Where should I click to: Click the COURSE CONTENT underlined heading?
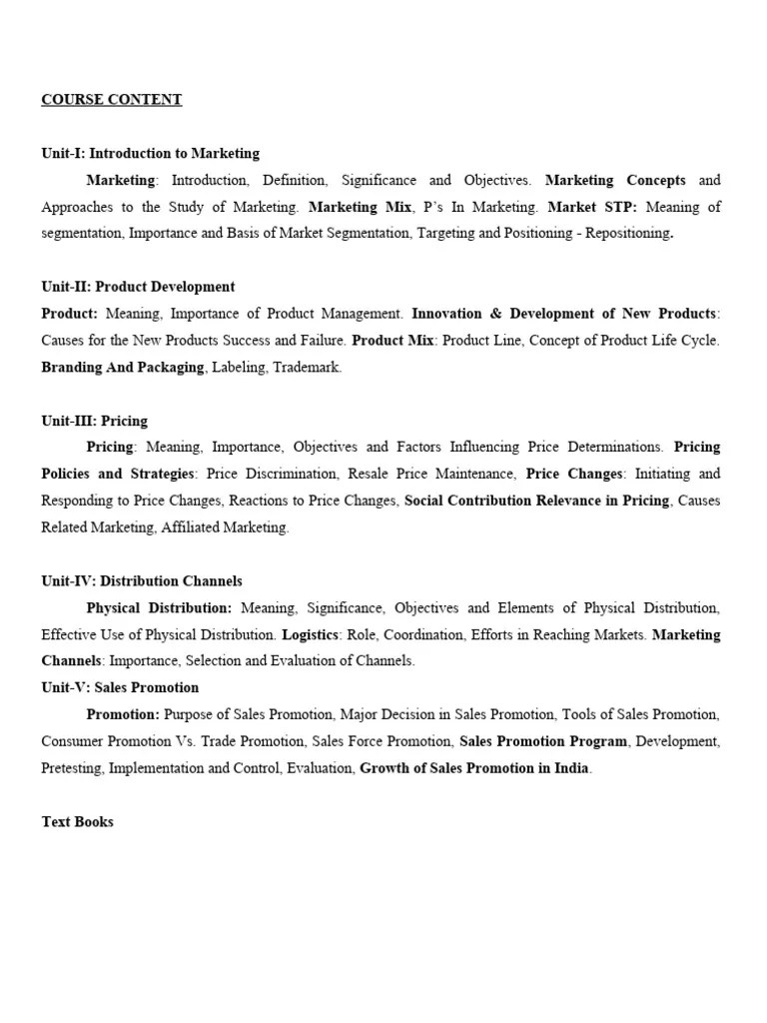(111, 100)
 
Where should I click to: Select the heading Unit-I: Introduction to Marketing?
(150, 154)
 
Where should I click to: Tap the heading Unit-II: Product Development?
(138, 287)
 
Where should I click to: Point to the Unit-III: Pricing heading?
(94, 421)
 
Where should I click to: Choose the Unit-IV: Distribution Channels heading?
(141, 581)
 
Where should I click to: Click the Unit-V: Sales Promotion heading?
(120, 687)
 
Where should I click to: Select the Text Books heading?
(77, 822)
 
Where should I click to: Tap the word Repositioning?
(627, 234)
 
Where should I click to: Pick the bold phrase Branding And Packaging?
(122, 368)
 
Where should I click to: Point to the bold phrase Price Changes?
(574, 474)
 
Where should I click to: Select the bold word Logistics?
(312, 634)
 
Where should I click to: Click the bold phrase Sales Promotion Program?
(543, 741)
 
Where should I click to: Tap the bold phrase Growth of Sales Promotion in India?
(474, 768)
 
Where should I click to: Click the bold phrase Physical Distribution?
(159, 607)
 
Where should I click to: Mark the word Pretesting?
(71, 768)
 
